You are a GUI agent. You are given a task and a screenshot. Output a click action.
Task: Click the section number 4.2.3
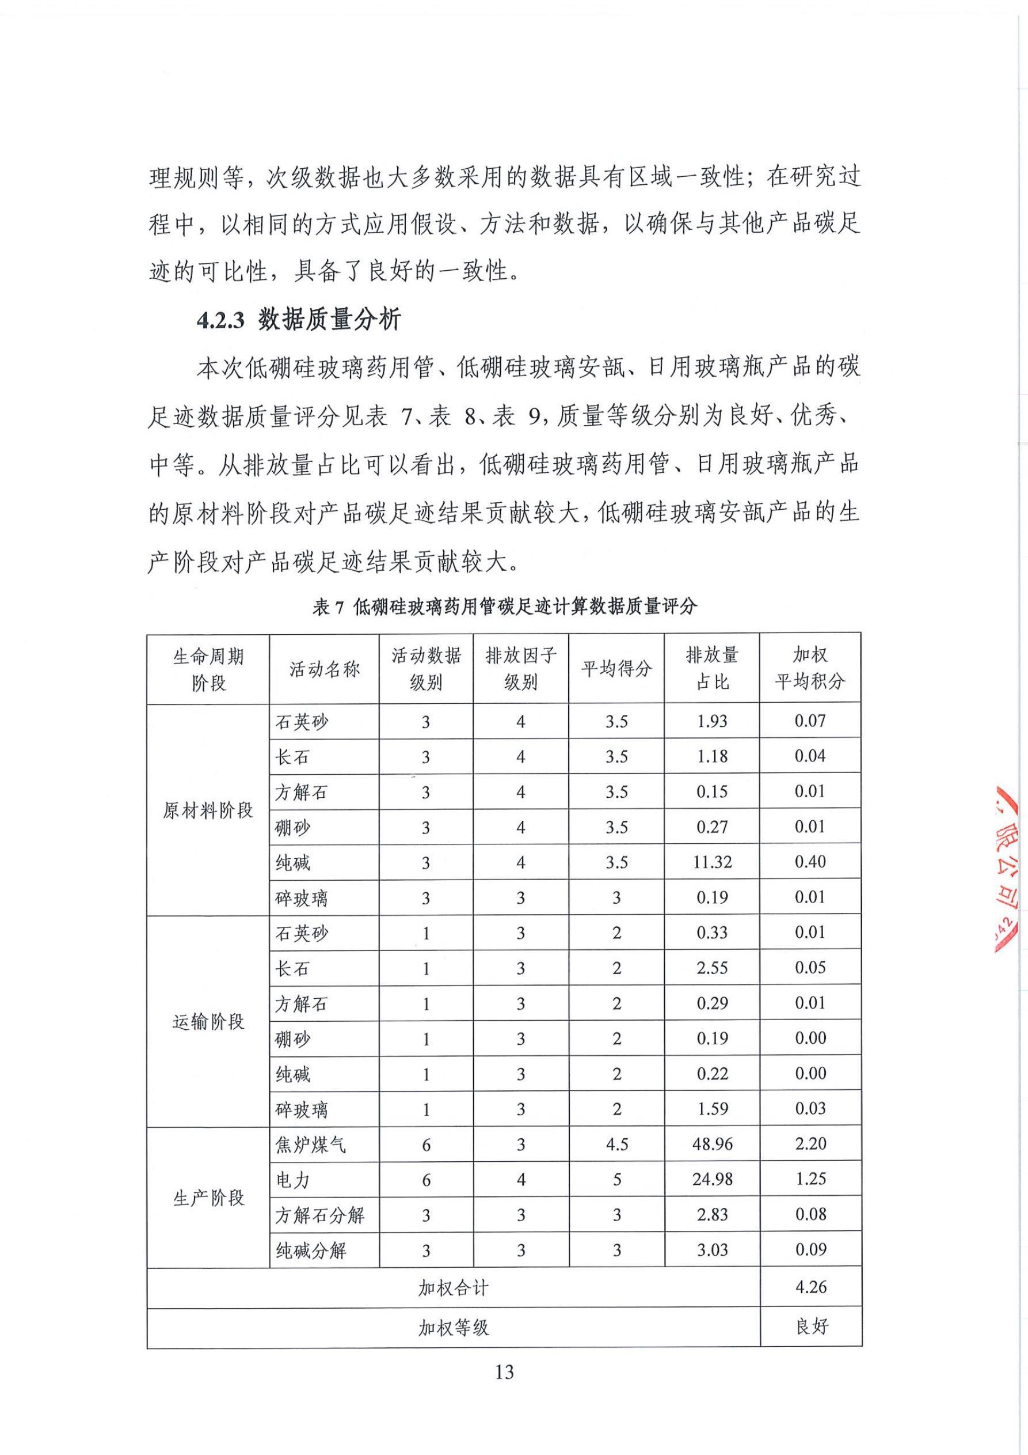pos(220,320)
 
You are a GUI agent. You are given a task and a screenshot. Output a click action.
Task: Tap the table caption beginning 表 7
pos(504,607)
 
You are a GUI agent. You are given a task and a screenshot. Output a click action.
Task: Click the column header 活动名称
pos(324,669)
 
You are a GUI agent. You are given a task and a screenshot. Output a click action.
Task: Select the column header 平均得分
pos(616,669)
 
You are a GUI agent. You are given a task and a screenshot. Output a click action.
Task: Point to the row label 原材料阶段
pos(208,810)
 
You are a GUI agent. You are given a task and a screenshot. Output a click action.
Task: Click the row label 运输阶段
pos(208,1021)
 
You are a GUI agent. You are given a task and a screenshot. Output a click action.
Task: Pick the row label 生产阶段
pos(208,1198)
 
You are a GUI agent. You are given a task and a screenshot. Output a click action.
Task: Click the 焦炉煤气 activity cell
pos(310,1145)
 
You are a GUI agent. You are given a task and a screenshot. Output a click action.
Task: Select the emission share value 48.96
pos(712,1145)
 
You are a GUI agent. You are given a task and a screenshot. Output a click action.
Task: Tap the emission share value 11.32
pos(712,862)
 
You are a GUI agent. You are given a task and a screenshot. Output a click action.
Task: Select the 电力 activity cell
pos(292,1180)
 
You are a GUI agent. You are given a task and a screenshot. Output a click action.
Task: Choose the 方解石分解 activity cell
pos(320,1215)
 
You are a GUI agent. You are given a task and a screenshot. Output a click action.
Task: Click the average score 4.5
pos(616,1145)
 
